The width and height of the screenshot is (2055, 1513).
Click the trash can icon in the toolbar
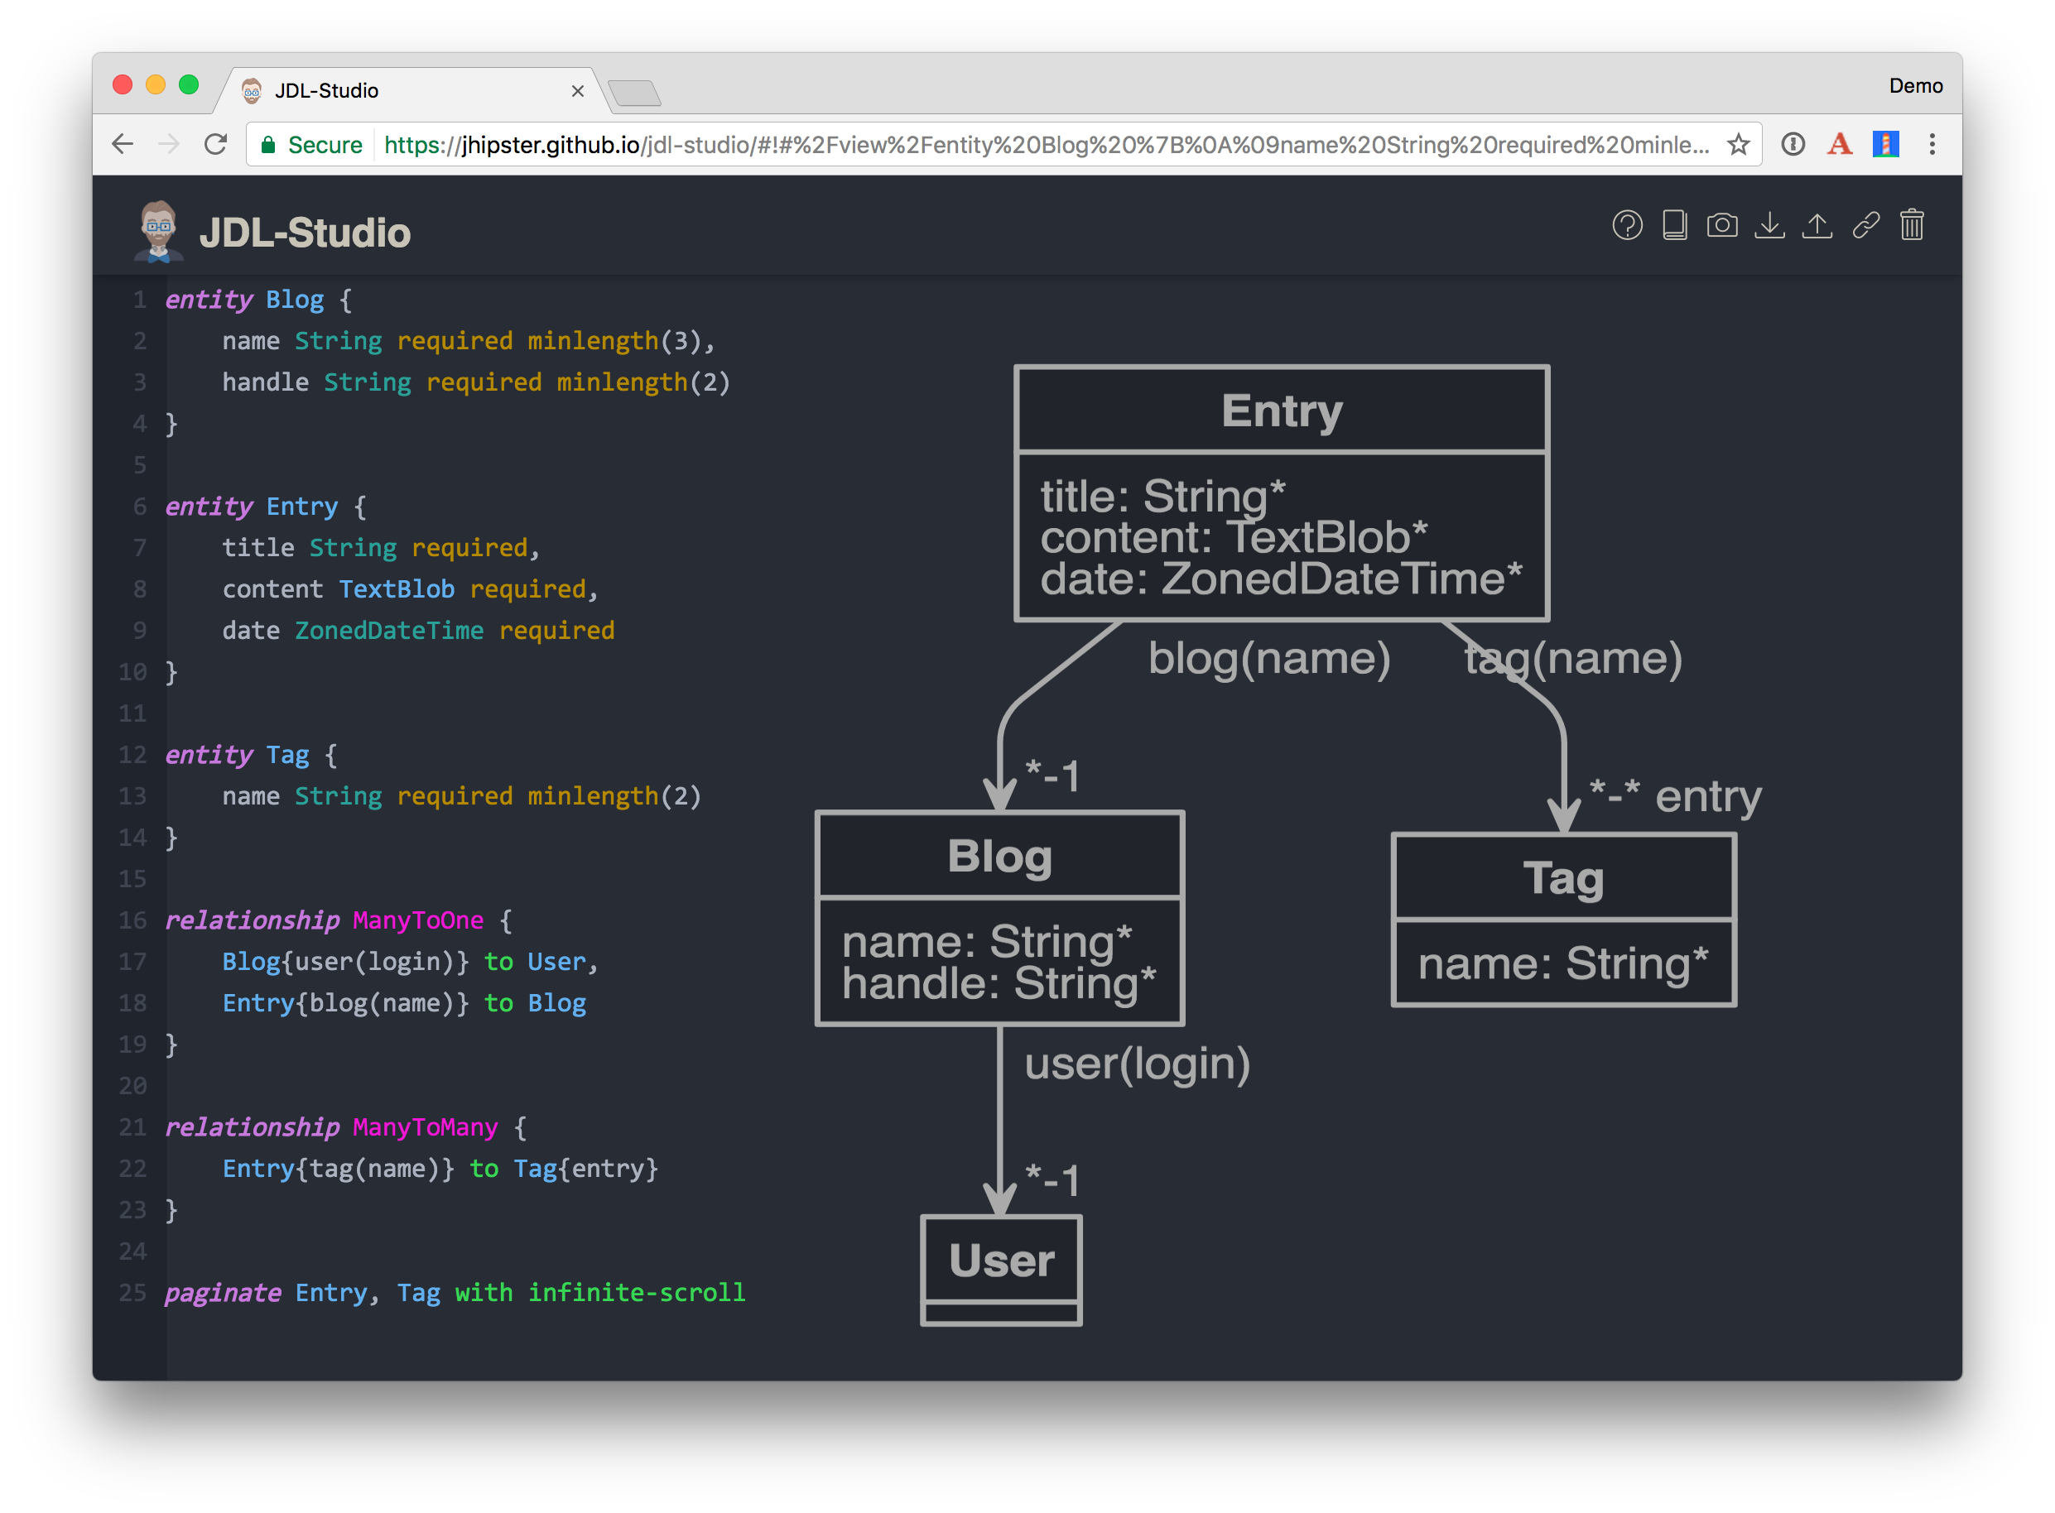(x=1911, y=225)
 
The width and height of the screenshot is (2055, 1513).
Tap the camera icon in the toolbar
(x=1721, y=225)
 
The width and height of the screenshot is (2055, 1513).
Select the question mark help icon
(x=1627, y=225)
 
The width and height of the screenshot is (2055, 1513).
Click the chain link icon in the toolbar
(x=1865, y=225)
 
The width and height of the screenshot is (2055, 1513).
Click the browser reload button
(x=215, y=145)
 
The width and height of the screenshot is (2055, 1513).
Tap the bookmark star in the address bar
(x=1738, y=145)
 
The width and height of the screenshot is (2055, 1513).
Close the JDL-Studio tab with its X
(x=577, y=91)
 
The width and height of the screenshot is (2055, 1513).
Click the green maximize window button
(x=189, y=85)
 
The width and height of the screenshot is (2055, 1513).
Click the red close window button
(x=123, y=85)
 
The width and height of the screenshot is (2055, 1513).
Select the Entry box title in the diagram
(x=1281, y=411)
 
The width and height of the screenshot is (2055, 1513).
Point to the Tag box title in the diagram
(x=1563, y=878)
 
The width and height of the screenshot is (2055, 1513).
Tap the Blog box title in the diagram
(x=999, y=857)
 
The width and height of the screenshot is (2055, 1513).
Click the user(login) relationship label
(x=1137, y=1064)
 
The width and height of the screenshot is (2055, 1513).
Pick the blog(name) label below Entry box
(x=1269, y=659)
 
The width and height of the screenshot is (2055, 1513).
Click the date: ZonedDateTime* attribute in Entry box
(x=1281, y=579)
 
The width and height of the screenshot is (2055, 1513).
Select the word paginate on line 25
(x=223, y=1293)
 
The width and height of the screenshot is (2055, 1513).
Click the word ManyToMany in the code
(x=425, y=1127)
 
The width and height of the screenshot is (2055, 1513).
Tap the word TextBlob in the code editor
(x=396, y=590)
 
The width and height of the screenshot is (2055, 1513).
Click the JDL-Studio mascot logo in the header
(x=158, y=231)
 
